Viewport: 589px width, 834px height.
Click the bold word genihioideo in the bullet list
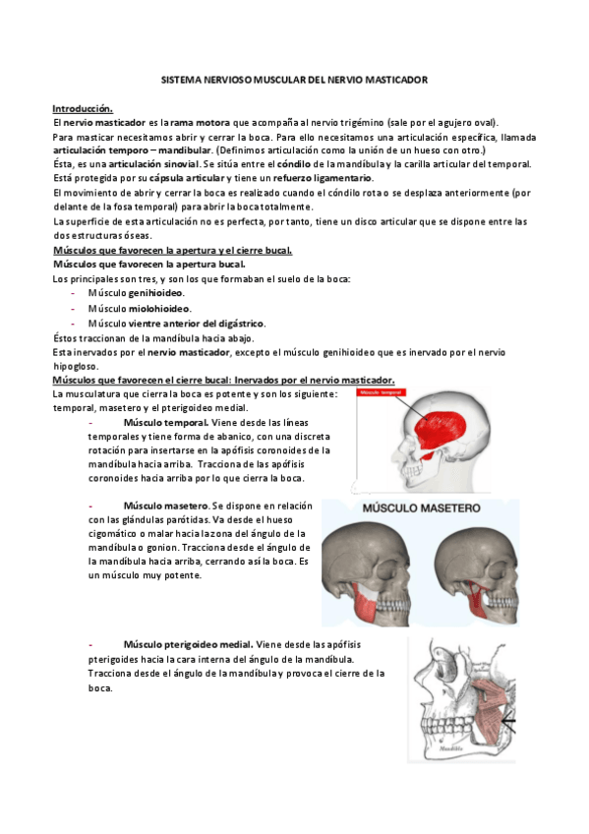coord(157,293)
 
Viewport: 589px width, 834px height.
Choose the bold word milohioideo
coord(157,308)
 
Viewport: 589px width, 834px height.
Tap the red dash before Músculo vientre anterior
coord(74,323)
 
